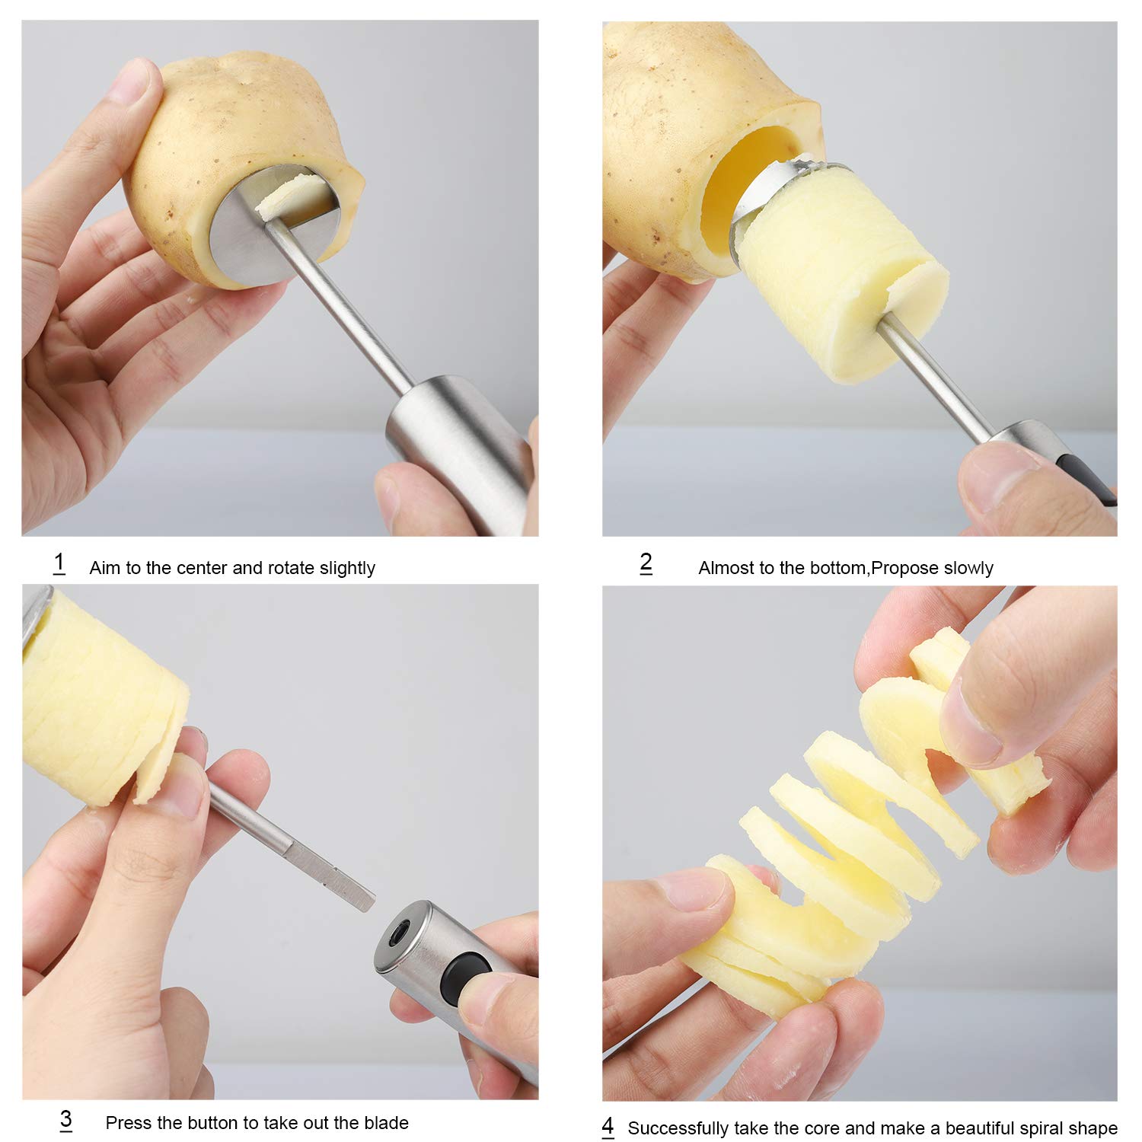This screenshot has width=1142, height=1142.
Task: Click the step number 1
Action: click(59, 563)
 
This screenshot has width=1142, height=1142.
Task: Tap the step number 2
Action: click(646, 563)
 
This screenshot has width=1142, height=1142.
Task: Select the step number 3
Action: click(65, 1119)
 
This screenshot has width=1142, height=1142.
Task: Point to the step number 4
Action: click(608, 1126)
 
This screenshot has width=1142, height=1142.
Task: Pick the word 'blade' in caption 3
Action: click(386, 1123)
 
